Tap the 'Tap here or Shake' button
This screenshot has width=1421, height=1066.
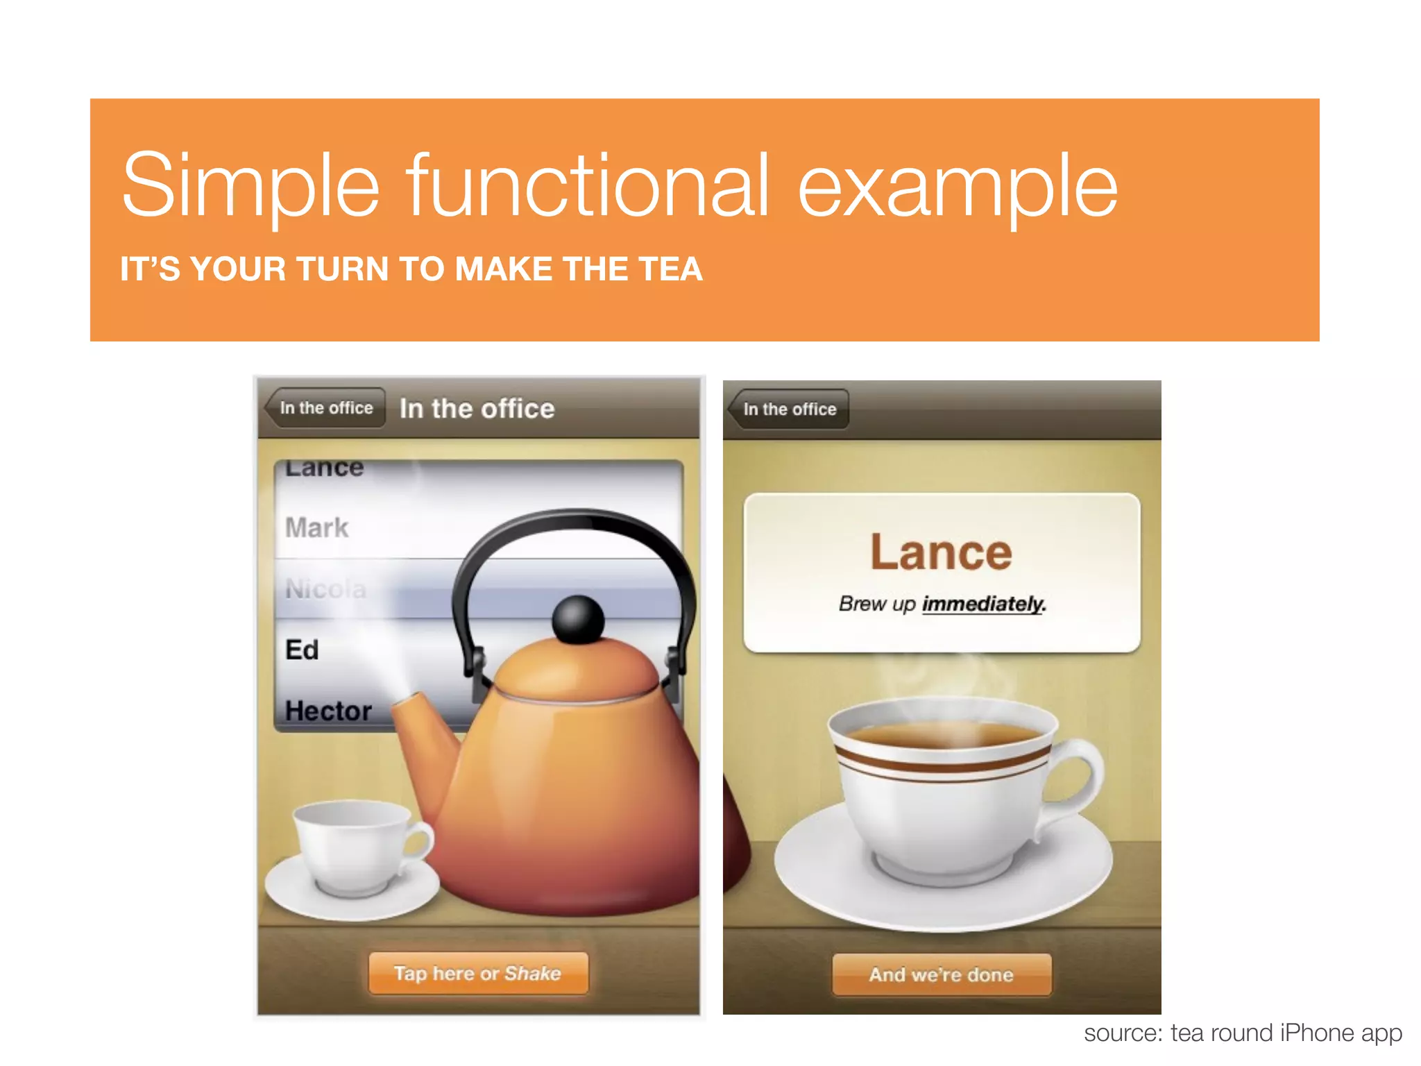[x=477, y=973]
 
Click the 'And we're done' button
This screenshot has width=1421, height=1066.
[x=942, y=974]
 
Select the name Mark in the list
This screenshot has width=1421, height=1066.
[x=317, y=527]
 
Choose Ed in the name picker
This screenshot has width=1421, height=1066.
[x=303, y=650]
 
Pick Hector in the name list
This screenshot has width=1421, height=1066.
[x=328, y=711]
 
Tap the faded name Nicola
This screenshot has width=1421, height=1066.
[x=325, y=589]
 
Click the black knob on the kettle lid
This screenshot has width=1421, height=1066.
[x=578, y=618]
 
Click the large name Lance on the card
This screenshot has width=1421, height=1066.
[x=942, y=552]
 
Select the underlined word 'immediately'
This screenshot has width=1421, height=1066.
[x=982, y=604]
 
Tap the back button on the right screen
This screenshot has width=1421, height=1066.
[x=788, y=409]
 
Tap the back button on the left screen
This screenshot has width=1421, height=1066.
[x=325, y=408]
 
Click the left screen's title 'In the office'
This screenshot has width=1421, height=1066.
[x=477, y=409]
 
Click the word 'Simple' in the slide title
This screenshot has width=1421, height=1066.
[x=250, y=185]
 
